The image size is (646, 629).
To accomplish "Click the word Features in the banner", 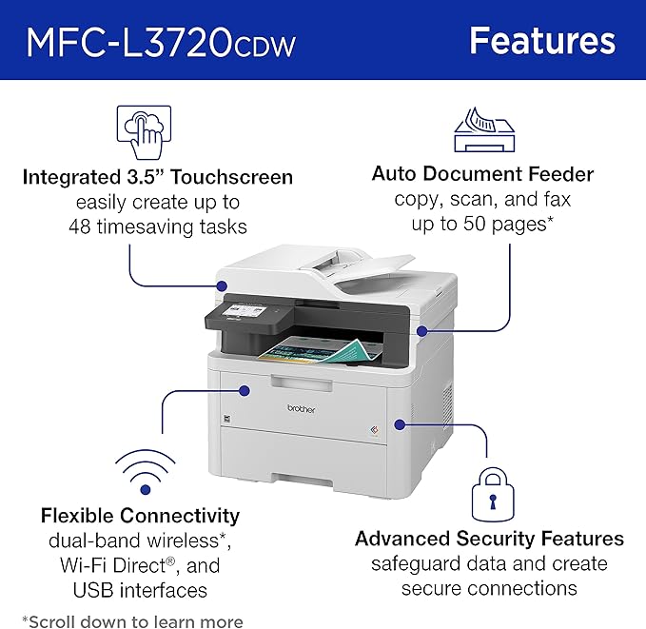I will coord(542,41).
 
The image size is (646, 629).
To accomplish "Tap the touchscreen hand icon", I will coord(143,132).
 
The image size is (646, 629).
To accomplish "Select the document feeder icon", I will coord(482,131).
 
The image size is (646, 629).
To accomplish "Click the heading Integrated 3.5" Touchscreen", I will coord(157,177).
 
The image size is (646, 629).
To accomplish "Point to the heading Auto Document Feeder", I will coord(482,174).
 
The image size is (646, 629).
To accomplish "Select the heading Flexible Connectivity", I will coord(140,516).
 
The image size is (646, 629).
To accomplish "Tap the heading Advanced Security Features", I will coord(489,539).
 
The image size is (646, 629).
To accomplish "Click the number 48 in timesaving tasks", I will coord(80,226).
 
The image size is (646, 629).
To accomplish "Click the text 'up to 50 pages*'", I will coord(482,225).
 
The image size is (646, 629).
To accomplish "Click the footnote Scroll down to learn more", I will coord(132,621).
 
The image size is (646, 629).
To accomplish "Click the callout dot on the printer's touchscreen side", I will coord(222,285).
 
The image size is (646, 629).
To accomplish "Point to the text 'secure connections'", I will coord(489,588).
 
